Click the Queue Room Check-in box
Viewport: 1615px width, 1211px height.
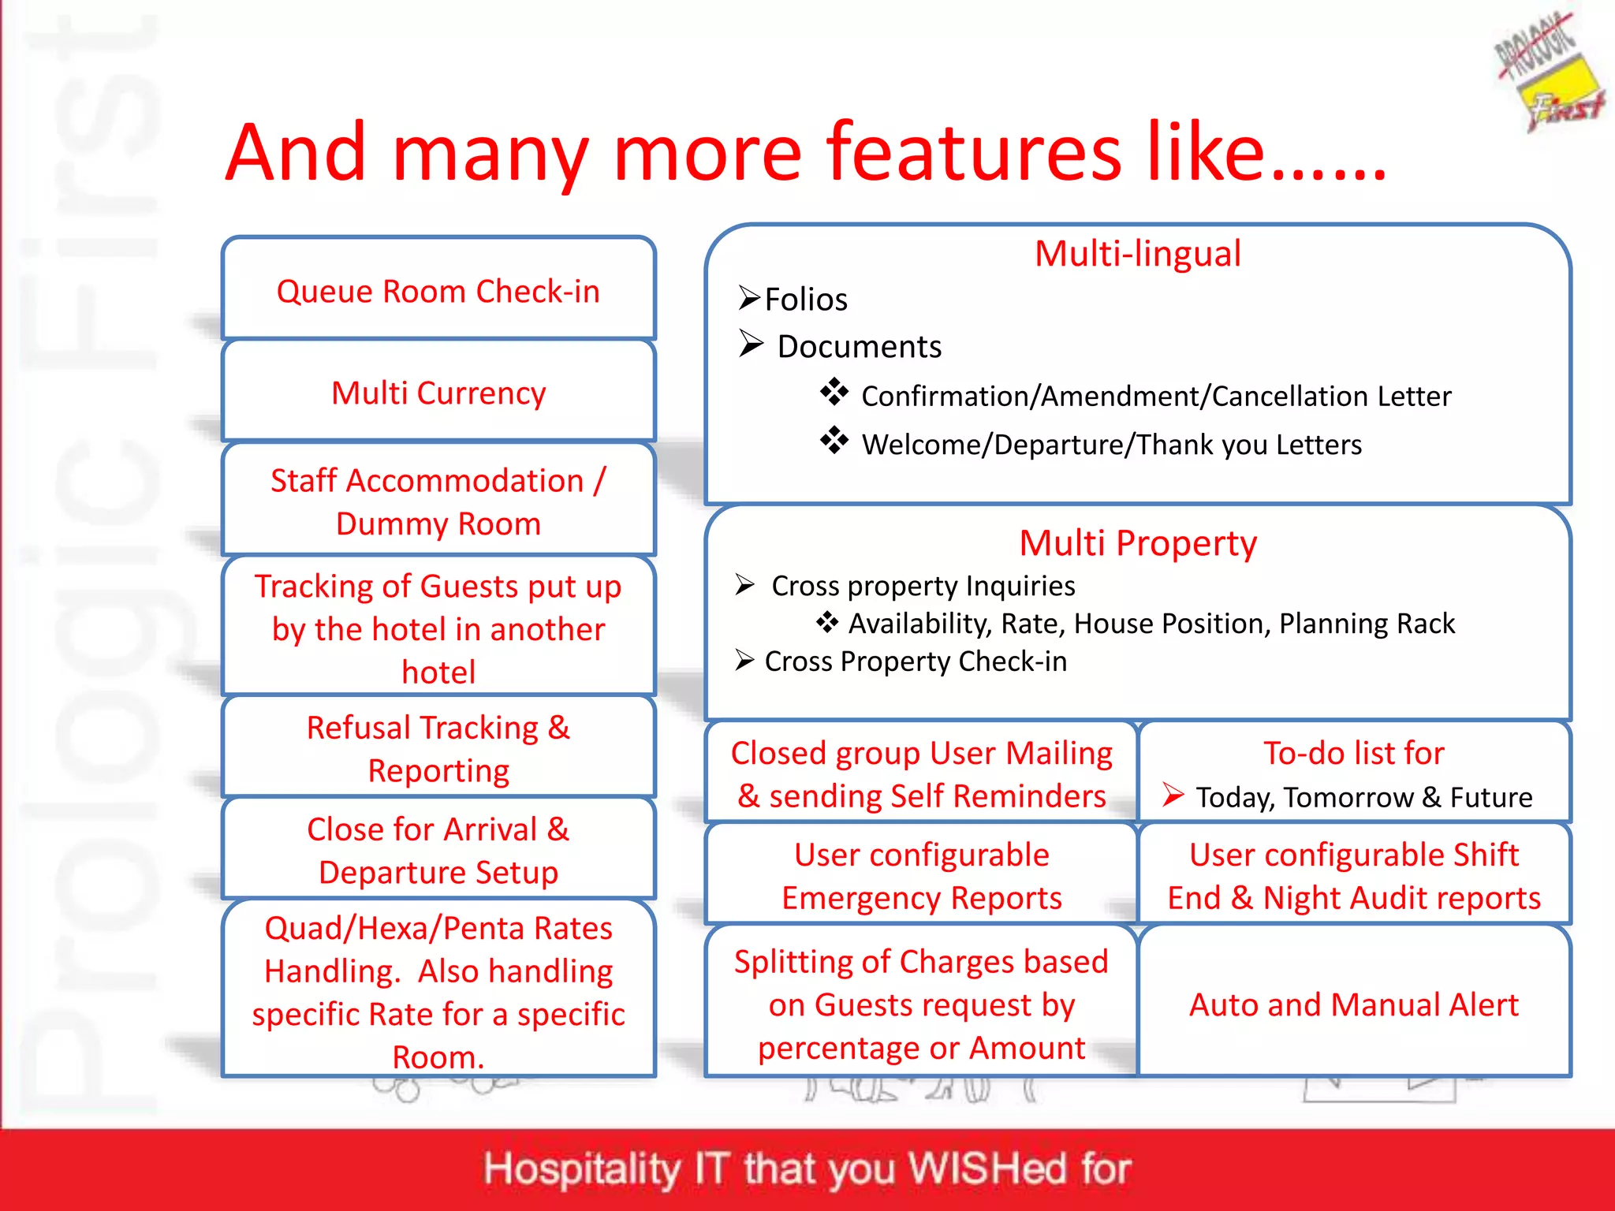[x=438, y=291]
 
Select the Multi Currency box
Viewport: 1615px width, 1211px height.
[x=438, y=393]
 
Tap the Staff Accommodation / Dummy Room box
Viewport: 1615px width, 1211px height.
[x=438, y=501]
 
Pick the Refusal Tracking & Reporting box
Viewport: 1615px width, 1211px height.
[x=438, y=748]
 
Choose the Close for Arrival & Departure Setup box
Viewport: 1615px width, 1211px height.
[x=438, y=850]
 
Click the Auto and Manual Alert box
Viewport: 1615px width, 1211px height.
[x=1353, y=1004]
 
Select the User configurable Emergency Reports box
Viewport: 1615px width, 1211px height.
[x=921, y=875]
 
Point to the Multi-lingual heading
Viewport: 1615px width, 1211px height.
[x=1137, y=254]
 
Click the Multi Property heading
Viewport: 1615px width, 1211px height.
[x=1137, y=543]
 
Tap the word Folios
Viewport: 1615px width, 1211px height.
[x=806, y=300]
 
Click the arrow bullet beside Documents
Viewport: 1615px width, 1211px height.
[x=751, y=344]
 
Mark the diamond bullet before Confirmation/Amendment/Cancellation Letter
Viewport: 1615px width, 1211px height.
[x=834, y=392]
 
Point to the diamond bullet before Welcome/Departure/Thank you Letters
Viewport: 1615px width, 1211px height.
[x=834, y=441]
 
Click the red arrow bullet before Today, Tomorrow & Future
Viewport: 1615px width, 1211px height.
[x=1173, y=794]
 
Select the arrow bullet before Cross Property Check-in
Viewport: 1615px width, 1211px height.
[x=744, y=659]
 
